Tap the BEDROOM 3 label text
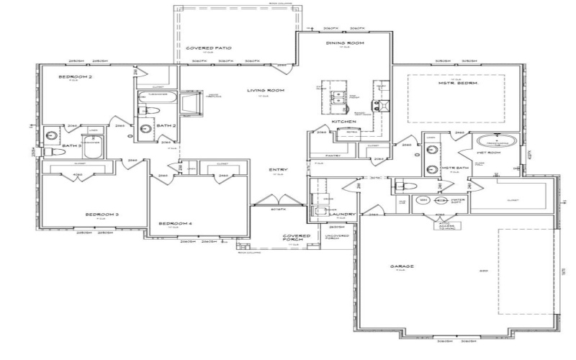(102, 214)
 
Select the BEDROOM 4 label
(176, 222)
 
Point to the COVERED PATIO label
(203, 48)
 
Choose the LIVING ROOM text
(264, 91)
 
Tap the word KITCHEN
(341, 122)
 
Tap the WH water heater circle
(424, 200)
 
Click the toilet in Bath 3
(51, 153)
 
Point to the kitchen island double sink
(337, 97)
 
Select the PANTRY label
(332, 155)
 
